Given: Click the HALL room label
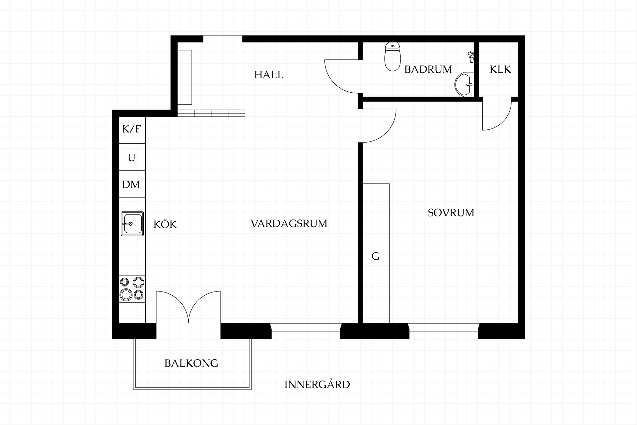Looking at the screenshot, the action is pyautogui.click(x=269, y=75).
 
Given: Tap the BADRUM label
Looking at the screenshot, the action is pyautogui.click(x=428, y=69).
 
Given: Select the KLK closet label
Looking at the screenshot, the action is pyautogui.click(x=500, y=69).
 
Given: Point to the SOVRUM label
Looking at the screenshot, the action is pyautogui.click(x=451, y=212).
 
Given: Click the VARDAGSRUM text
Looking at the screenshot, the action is pyautogui.click(x=289, y=223).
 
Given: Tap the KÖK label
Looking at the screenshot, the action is pyautogui.click(x=165, y=224).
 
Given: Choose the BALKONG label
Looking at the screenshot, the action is pyautogui.click(x=191, y=363).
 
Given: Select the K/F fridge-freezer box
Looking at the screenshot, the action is pyautogui.click(x=132, y=130).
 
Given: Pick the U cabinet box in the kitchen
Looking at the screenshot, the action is pyautogui.click(x=132, y=157).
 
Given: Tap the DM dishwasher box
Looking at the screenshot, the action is pyautogui.click(x=132, y=184).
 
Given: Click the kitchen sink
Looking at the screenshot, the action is pyautogui.click(x=132, y=224).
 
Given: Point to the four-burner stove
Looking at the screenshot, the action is pyautogui.click(x=132, y=289).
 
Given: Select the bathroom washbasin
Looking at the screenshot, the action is pyautogui.click(x=464, y=84).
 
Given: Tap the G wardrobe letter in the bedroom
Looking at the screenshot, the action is pyautogui.click(x=375, y=256).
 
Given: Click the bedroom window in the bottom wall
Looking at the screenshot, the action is pyautogui.click(x=444, y=331).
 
